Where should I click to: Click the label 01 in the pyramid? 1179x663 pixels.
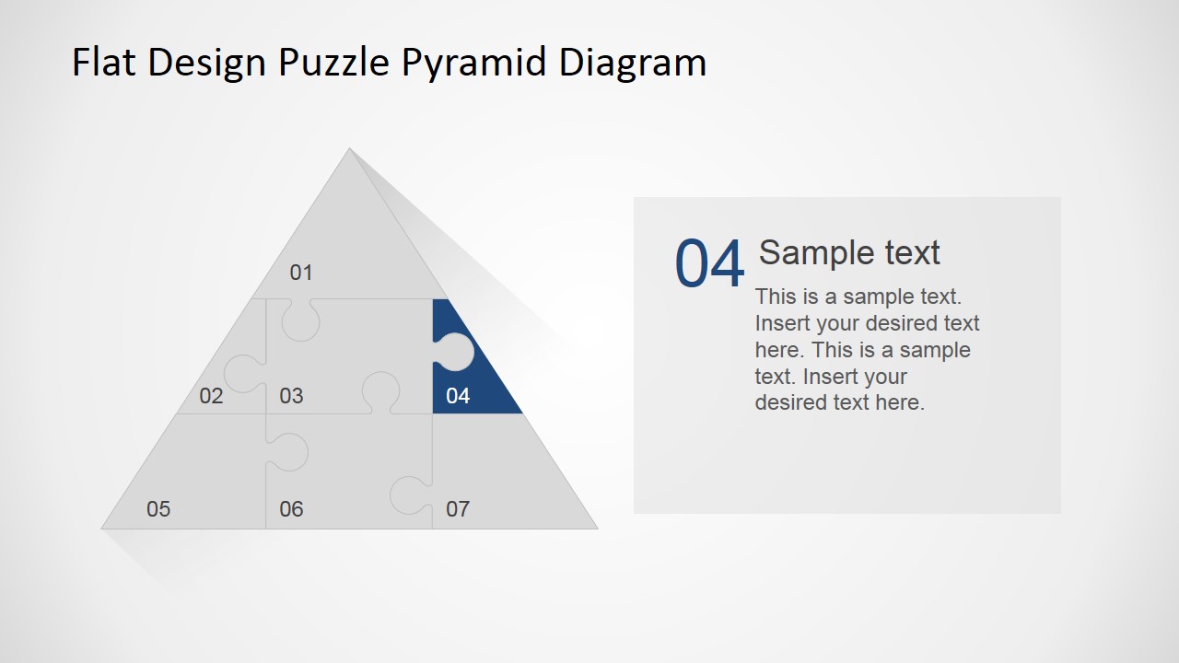pos(301,273)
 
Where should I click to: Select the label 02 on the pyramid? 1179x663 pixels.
pos(211,396)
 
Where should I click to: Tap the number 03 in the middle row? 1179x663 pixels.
pos(291,396)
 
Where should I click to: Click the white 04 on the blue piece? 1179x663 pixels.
pos(458,396)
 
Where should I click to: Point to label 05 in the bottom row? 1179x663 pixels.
pos(158,509)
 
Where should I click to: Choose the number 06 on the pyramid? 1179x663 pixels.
pos(291,509)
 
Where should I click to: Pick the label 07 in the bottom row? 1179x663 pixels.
pos(458,509)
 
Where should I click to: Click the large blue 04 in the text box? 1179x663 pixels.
pos(709,265)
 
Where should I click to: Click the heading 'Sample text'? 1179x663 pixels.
pos(848,252)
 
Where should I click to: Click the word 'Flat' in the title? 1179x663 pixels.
pos(104,63)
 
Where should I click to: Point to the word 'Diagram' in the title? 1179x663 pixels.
pos(633,63)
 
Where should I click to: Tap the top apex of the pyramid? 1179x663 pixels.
pos(349,149)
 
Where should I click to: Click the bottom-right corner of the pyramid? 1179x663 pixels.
pos(596,528)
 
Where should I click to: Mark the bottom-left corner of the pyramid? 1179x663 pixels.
pos(103,528)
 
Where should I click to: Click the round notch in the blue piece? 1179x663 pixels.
pos(456,352)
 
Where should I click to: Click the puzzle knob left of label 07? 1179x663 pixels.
pos(408,494)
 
